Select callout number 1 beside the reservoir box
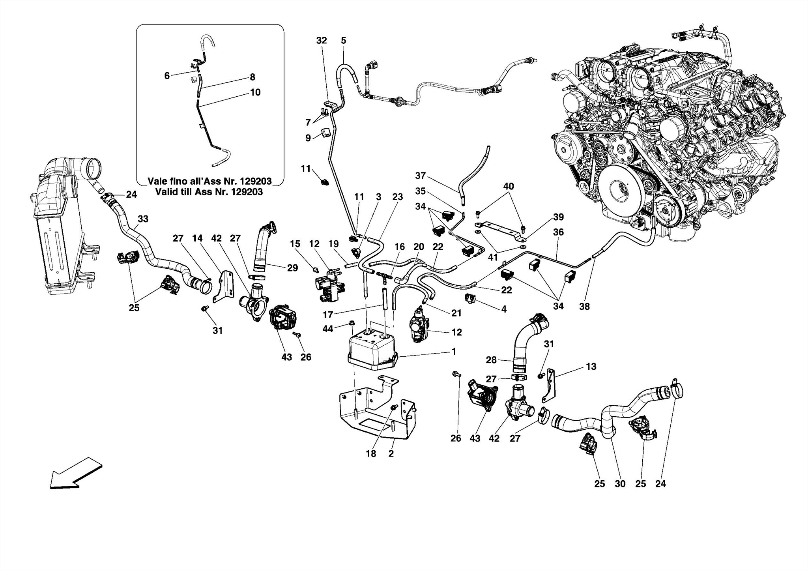454,351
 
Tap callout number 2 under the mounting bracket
391,454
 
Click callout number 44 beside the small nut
328,329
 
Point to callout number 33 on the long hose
143,219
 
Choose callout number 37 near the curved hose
421,176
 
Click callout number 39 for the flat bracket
558,217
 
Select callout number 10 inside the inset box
255,92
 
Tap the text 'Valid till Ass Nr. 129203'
209,192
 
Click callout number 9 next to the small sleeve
308,138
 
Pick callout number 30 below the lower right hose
620,484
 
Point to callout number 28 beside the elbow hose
491,360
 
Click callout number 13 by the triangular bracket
591,367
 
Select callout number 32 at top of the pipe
322,40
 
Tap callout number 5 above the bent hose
343,40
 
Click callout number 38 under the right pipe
584,306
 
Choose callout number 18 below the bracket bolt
371,454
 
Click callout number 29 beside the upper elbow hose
292,268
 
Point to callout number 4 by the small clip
504,309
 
